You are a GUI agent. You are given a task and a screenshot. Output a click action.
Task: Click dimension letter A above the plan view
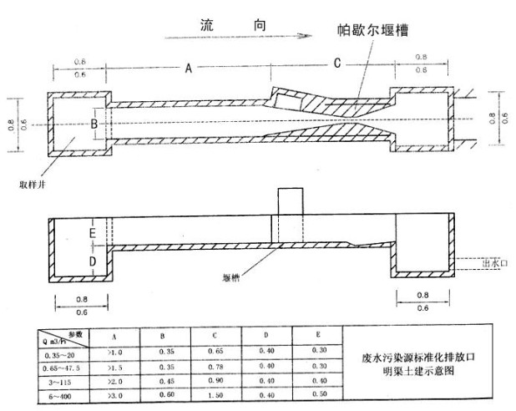(189, 68)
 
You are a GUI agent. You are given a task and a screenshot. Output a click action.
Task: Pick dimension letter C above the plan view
(336, 63)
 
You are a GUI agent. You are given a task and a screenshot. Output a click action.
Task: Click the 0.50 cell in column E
(316, 395)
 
